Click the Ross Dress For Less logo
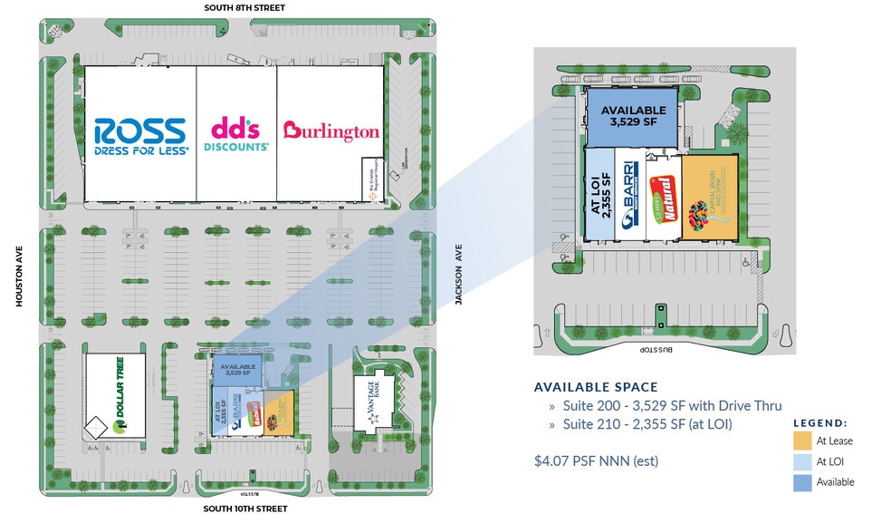click(140, 136)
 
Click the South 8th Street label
click(244, 8)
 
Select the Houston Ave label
click(19, 276)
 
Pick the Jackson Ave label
click(459, 276)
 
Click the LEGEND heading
click(820, 423)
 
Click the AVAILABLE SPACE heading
click(596, 387)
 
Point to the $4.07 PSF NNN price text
click(596, 461)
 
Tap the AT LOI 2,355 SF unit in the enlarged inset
click(599, 195)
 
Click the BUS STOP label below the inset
click(659, 348)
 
